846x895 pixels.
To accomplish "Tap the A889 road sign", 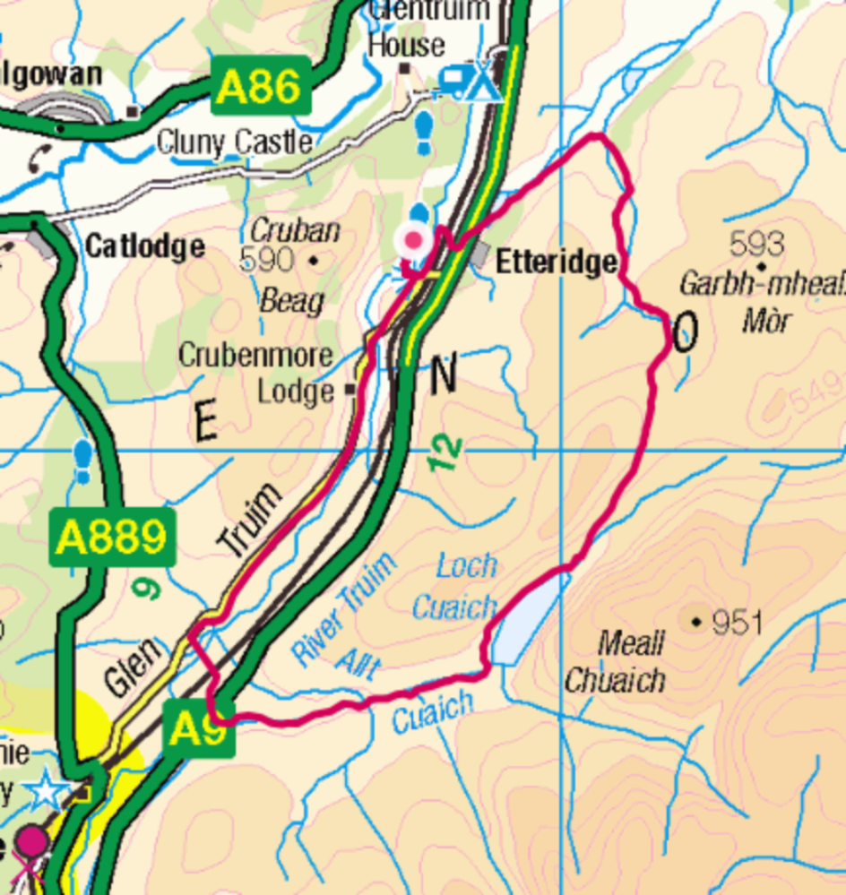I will (x=110, y=538).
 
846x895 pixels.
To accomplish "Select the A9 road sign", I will (x=198, y=730).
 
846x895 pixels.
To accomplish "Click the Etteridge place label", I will (x=556, y=262).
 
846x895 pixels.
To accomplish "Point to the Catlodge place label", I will (x=144, y=246).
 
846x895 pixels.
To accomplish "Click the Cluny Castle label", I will (x=234, y=142).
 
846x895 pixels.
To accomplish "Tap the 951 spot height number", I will (x=737, y=622).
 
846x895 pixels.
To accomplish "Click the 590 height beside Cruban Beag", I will (x=267, y=260).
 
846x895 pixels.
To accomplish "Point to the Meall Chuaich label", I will (x=617, y=663).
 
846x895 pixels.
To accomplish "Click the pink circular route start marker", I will (x=413, y=240).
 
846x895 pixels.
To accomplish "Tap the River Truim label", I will (x=343, y=609).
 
